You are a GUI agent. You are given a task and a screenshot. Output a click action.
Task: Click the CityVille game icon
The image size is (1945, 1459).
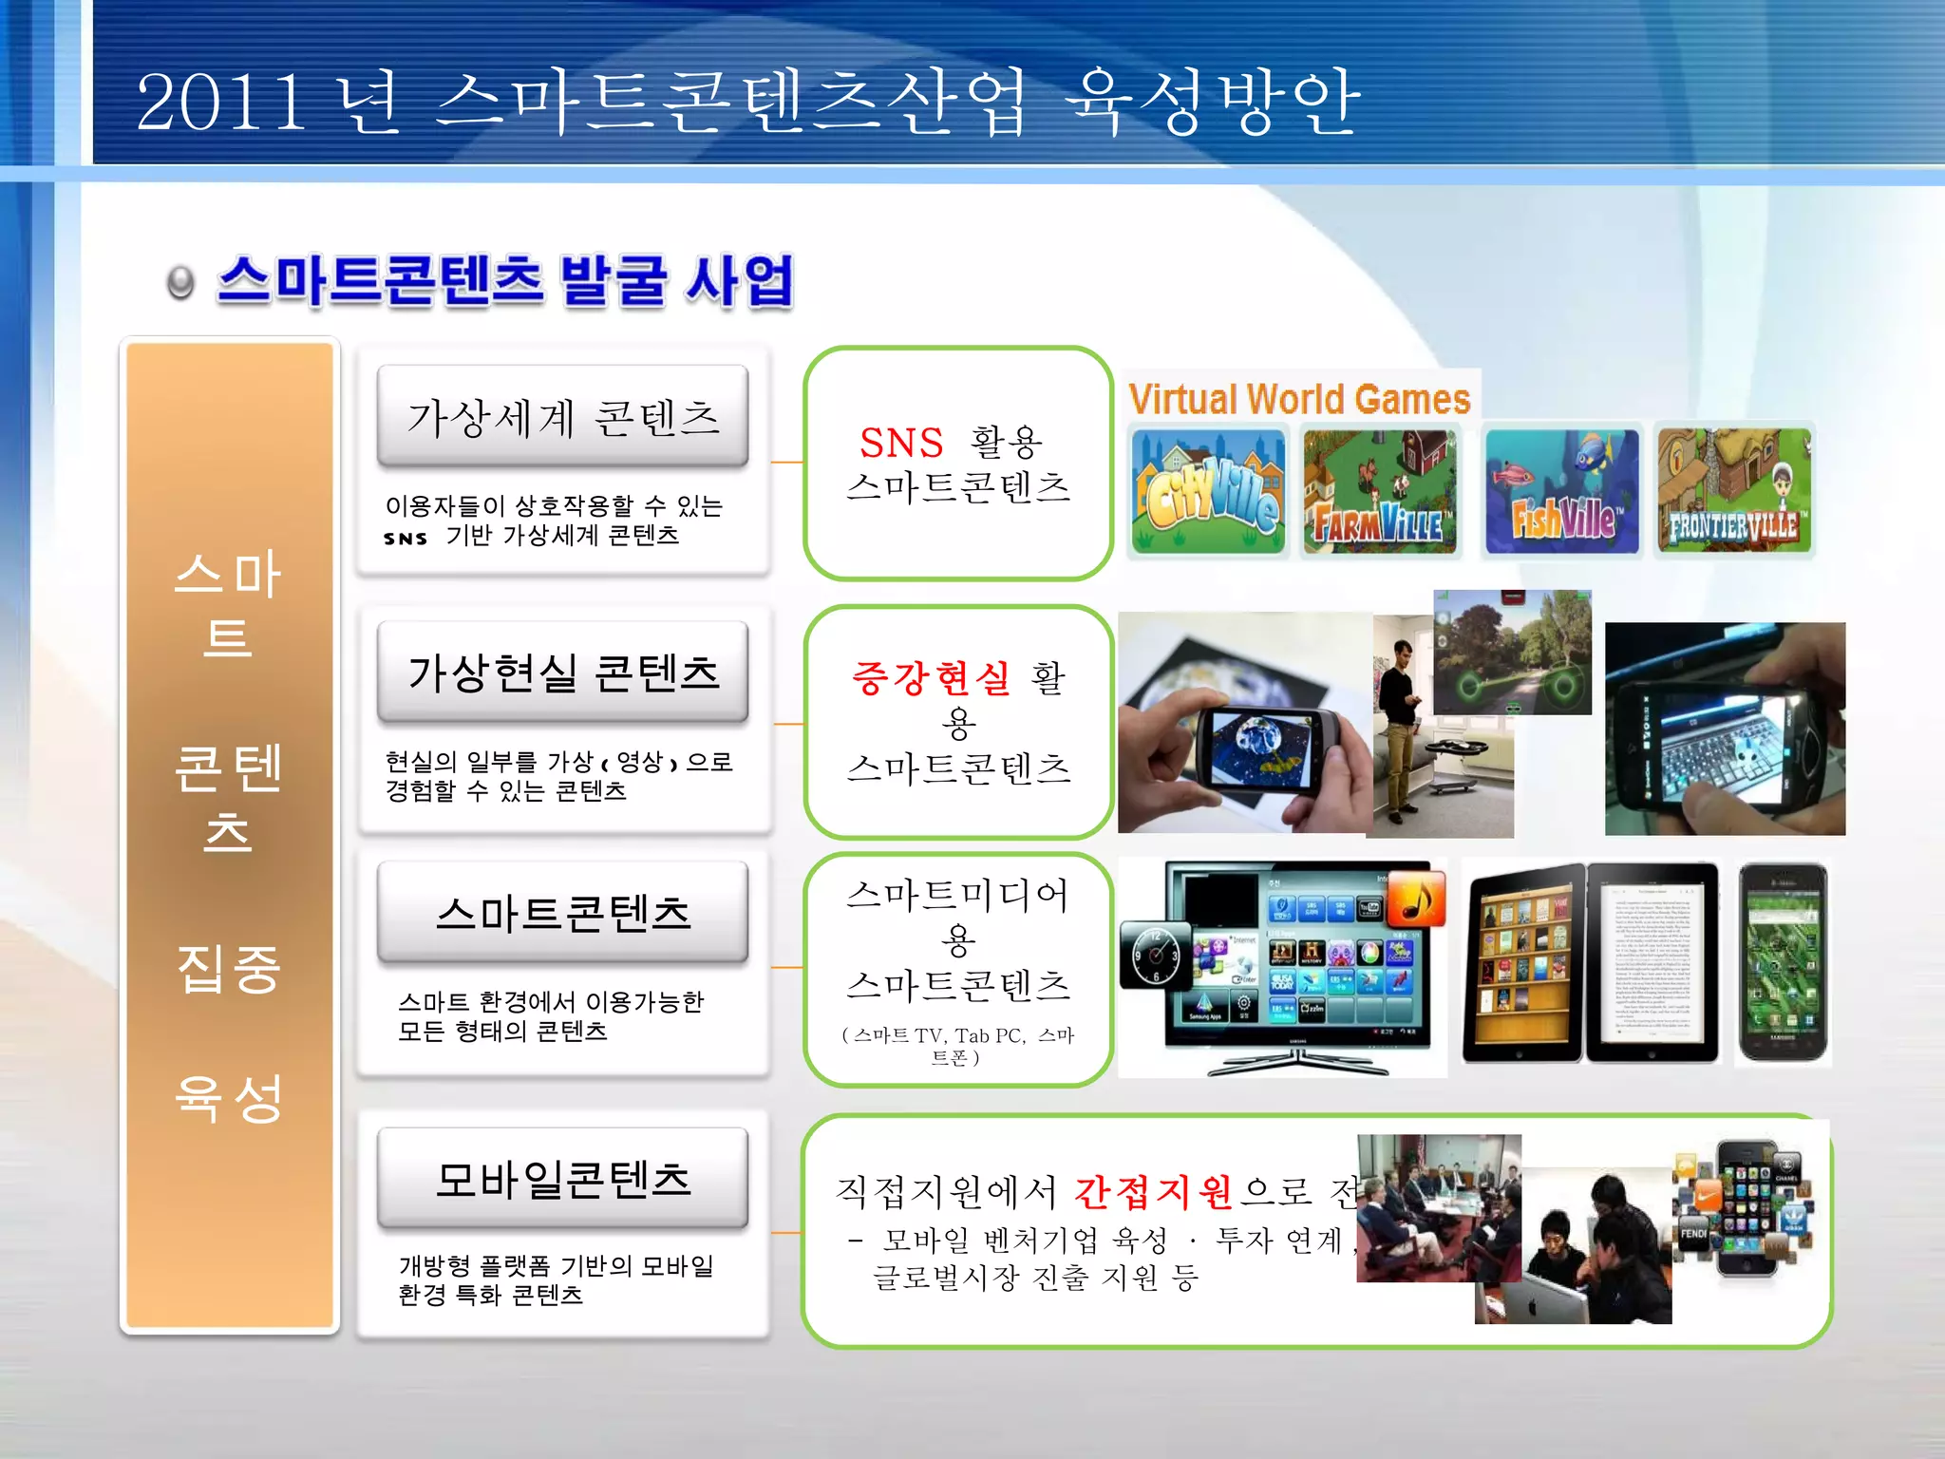point(1208,491)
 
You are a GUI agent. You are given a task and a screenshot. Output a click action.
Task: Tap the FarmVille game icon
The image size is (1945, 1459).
point(1379,491)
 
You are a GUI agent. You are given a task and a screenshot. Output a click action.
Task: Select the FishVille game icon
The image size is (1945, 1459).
point(1561,491)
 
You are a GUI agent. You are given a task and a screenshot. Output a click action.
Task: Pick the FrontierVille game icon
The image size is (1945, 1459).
point(1734,491)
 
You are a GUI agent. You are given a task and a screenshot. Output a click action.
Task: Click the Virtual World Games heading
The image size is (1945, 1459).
point(1298,399)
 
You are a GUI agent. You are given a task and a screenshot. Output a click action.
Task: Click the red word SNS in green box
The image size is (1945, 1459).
point(900,443)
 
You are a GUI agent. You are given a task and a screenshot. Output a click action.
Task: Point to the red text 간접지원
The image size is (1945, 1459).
point(1153,1191)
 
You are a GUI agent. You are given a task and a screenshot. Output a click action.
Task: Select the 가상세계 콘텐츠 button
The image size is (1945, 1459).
point(562,416)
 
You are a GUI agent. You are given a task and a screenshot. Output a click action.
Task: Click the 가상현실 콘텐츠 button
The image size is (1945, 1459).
point(562,673)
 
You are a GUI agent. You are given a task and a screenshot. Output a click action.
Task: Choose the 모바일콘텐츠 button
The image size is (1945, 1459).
point(562,1179)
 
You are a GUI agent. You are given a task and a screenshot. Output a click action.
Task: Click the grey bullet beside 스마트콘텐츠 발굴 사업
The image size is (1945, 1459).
point(179,283)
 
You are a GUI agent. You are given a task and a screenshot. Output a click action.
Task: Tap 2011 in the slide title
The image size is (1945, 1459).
point(220,102)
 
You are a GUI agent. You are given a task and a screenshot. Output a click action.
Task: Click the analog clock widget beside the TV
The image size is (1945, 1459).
point(1155,955)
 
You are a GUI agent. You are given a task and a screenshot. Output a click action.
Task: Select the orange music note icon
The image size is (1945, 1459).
point(1415,898)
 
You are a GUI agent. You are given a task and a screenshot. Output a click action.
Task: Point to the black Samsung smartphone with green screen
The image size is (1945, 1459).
point(1783,962)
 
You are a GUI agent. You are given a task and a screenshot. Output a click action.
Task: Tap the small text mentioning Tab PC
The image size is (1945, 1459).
point(957,1045)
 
